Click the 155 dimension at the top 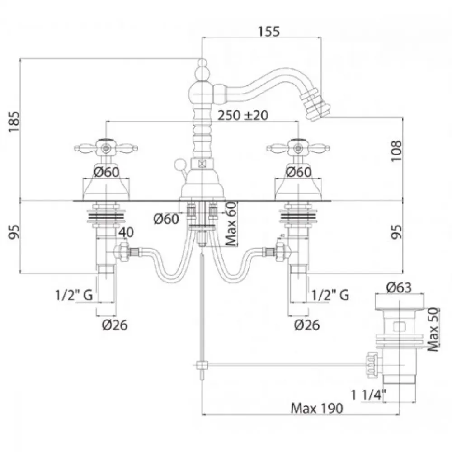[x=268, y=32]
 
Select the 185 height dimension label [x=14, y=121]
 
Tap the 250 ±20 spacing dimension [x=243, y=115]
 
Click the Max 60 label [x=231, y=224]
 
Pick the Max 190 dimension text [x=317, y=408]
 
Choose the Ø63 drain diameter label [x=399, y=287]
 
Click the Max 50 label [x=433, y=330]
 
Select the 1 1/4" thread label [x=368, y=395]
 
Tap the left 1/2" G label [x=74, y=295]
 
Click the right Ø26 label [x=307, y=325]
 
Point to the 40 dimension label [x=126, y=232]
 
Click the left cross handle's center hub [x=106, y=148]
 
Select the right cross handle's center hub [x=298, y=148]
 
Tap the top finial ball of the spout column [x=202, y=62]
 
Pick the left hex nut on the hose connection [x=121, y=252]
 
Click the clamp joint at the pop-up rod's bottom [x=202, y=366]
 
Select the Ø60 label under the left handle [x=106, y=172]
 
